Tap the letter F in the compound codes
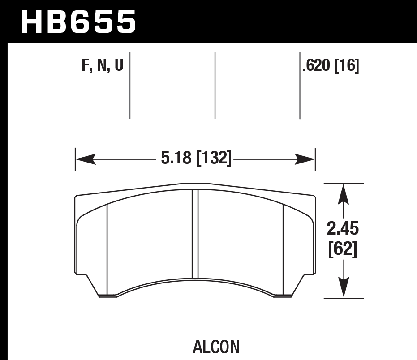pyautogui.click(x=86, y=66)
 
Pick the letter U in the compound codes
pyautogui.click(x=118, y=66)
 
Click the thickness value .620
pyautogui.click(x=316, y=66)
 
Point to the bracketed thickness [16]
pyautogui.click(x=347, y=66)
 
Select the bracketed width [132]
pyautogui.click(x=214, y=159)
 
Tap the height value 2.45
pyautogui.click(x=343, y=229)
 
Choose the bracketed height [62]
pyautogui.click(x=343, y=249)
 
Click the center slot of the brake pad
pyautogui.click(x=195, y=234)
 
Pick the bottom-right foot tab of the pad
pyautogui.click(x=282, y=294)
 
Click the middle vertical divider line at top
pyautogui.click(x=215, y=85)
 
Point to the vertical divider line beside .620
pyautogui.click(x=300, y=85)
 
